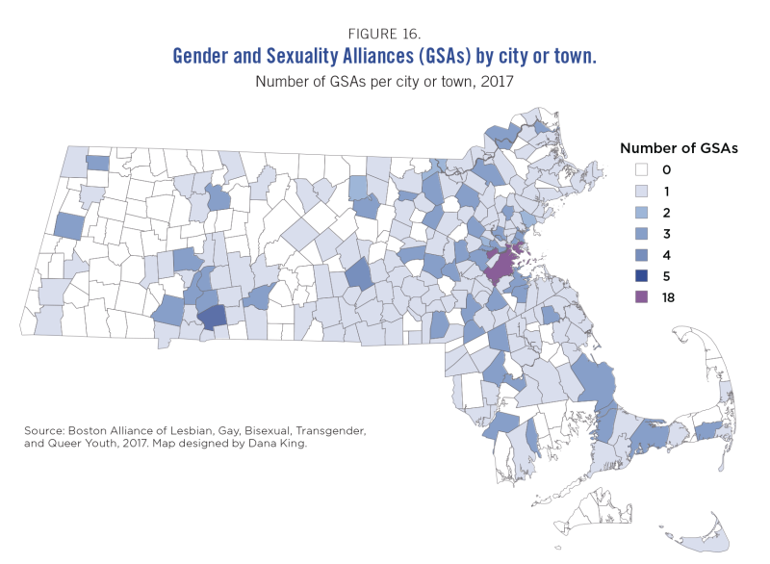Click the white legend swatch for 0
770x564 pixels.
(x=642, y=170)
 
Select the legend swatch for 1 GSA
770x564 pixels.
(x=642, y=192)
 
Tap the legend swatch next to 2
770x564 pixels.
(x=642, y=213)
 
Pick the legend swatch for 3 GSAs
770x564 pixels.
(x=642, y=234)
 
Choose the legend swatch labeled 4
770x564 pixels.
(x=642, y=255)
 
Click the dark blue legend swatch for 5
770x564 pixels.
(x=642, y=276)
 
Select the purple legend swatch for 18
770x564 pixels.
(x=642, y=297)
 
